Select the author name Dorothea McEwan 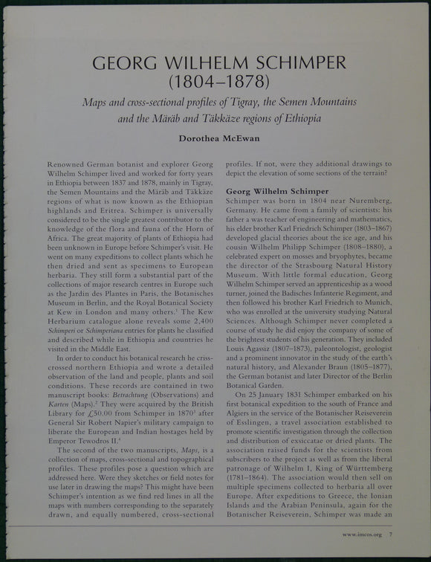pyautogui.click(x=215, y=136)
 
